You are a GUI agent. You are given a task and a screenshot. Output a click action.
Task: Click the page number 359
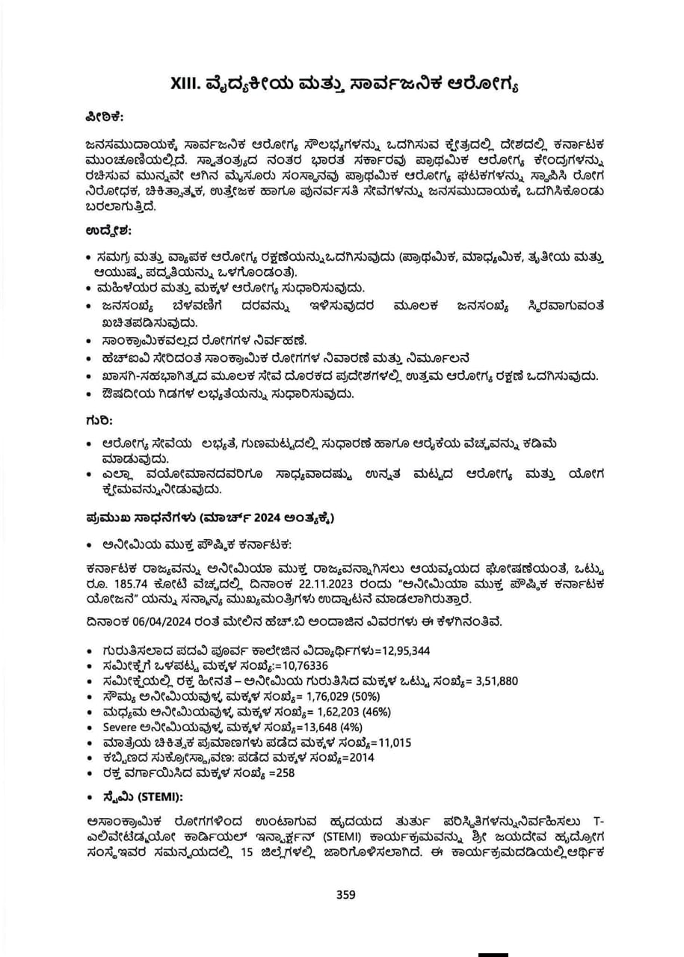click(x=345, y=894)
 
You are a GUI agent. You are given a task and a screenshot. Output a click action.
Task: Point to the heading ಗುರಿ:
click(x=99, y=421)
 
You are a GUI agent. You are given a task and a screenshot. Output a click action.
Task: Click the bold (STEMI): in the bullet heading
click(x=155, y=796)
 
